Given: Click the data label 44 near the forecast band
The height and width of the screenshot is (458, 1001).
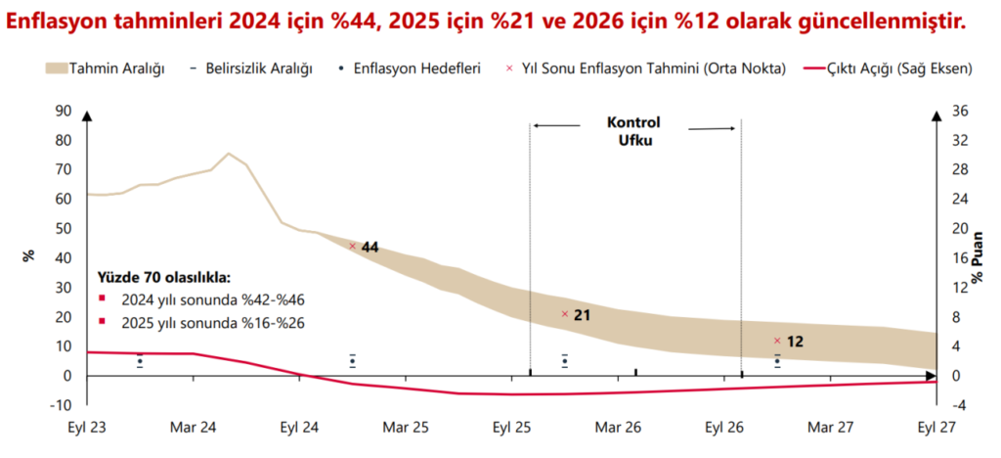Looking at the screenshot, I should pos(370,248).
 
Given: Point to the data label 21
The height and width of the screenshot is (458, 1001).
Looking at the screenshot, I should pos(582,315).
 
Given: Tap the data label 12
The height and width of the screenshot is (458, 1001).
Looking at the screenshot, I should pos(794,342).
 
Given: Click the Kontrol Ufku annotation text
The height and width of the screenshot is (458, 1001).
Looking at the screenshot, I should pos(633,131).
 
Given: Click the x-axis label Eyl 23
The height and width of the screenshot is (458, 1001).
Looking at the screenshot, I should pos(88,427).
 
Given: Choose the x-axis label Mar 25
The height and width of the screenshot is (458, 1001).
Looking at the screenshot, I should pos(406,427).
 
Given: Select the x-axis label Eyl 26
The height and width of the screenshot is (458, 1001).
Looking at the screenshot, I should pos(724,427).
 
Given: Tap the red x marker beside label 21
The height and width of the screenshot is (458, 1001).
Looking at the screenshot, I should pos(564,314).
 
